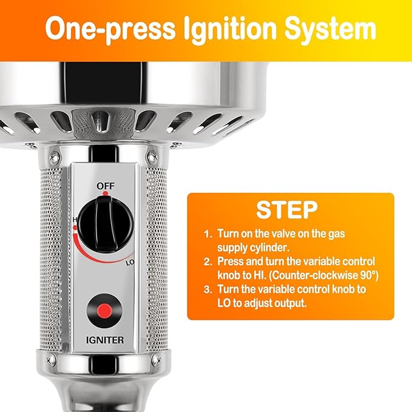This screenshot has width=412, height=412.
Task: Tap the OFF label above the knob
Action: tap(106, 186)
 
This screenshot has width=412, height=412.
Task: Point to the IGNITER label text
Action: tap(105, 340)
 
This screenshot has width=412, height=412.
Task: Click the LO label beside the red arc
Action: tap(130, 263)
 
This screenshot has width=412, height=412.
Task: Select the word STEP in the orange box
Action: tap(287, 210)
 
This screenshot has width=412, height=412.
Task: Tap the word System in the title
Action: tap(330, 29)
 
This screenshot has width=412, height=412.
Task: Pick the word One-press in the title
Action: tap(110, 29)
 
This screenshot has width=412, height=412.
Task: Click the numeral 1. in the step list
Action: tap(208, 234)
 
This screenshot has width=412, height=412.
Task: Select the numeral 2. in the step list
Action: tap(208, 262)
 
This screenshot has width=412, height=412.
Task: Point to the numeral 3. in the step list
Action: tap(208, 289)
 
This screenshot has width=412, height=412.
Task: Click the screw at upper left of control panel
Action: tap(55, 158)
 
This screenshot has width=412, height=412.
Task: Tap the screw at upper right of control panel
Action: tap(152, 157)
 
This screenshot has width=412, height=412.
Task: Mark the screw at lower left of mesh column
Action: tap(51, 359)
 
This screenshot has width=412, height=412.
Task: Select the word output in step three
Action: tap(291, 303)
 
